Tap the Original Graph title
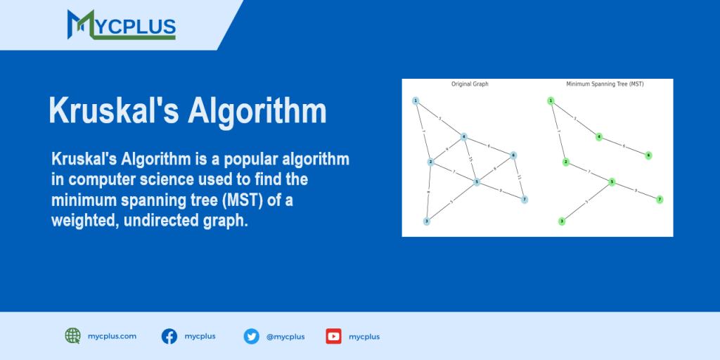(x=470, y=84)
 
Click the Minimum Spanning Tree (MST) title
(x=605, y=84)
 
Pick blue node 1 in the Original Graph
(x=416, y=101)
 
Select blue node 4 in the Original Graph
(x=464, y=136)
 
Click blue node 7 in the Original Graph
(x=525, y=200)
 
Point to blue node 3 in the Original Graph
(x=426, y=221)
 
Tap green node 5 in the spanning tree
(x=612, y=182)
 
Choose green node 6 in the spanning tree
(x=648, y=155)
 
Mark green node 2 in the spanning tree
(x=565, y=162)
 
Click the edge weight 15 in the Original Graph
(x=470, y=159)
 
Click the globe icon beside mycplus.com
(x=73, y=336)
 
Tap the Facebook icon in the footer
(x=169, y=336)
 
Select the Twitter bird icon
(x=251, y=336)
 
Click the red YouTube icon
(x=333, y=336)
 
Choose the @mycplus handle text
(x=285, y=337)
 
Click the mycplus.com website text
(x=112, y=336)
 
